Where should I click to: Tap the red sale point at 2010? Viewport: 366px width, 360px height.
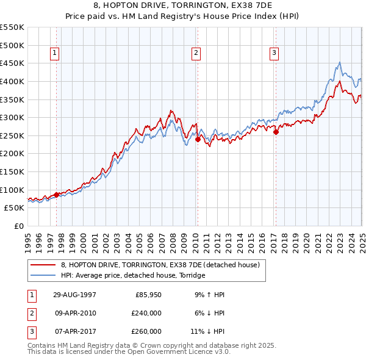(x=198, y=139)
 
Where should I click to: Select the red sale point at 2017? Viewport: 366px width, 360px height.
(x=276, y=132)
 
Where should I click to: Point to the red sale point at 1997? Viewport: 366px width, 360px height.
(x=57, y=195)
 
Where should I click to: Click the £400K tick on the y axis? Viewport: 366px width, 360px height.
(x=12, y=81)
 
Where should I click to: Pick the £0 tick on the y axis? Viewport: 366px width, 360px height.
(x=20, y=226)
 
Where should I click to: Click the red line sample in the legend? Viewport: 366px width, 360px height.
(x=42, y=265)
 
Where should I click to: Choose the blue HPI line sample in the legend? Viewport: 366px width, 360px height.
(x=42, y=276)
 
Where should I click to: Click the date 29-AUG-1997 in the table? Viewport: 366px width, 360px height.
(x=74, y=294)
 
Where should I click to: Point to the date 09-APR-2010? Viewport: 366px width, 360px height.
(x=74, y=313)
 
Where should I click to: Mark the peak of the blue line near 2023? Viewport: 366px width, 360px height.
(x=340, y=62)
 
